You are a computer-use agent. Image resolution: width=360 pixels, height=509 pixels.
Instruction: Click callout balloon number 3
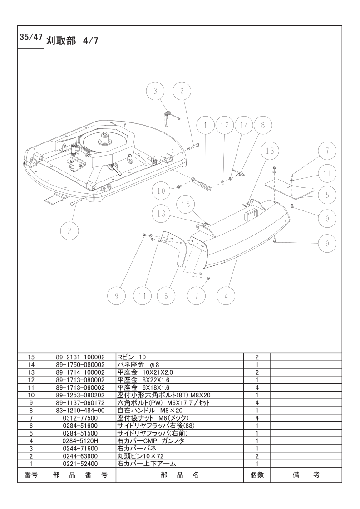coord(155,92)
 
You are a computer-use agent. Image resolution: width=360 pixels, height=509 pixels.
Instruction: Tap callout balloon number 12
coord(225,126)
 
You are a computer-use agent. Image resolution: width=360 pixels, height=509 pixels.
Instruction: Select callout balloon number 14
coord(244,126)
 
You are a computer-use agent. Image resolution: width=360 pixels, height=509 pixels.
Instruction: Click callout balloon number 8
coord(263,126)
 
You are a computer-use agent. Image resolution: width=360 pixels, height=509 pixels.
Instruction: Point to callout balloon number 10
coord(162,191)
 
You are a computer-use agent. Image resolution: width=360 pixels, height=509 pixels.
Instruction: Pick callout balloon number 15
coord(186,205)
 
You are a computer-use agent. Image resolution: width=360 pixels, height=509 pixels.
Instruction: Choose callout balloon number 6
coord(166,296)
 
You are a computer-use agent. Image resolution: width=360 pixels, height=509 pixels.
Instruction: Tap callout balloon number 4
coord(226,296)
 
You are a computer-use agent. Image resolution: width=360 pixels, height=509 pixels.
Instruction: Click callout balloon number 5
coord(327,195)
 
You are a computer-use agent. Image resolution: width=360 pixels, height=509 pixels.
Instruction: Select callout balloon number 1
coord(205,126)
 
